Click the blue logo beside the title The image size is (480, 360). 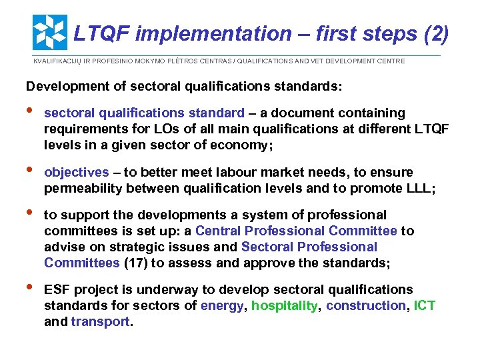tap(49, 33)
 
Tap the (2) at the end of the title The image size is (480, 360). tap(435, 33)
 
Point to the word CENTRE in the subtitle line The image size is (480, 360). tap(390, 61)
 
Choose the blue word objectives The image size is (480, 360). tap(76, 173)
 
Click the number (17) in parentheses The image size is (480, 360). tap(136, 263)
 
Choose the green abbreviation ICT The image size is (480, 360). tap(425, 306)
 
